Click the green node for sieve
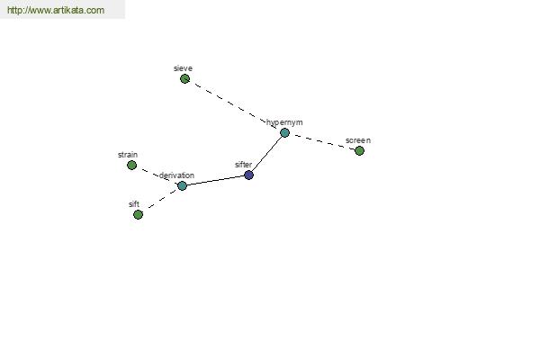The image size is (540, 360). pos(184,79)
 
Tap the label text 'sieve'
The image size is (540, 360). pos(183,68)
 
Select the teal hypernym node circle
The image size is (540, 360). pos(284,132)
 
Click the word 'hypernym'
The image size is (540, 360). pos(284,122)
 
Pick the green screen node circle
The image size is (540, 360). pos(359,150)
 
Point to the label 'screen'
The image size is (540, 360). pos(358,140)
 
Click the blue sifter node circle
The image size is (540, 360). pos(248,175)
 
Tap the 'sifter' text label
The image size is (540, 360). pos(244,165)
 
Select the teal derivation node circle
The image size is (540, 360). pos(182,185)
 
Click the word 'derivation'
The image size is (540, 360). pos(176,175)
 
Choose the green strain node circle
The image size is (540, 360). pos(131,165)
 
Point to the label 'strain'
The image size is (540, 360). pos(128,155)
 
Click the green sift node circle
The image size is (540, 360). pos(138,214)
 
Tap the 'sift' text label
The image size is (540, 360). pos(134,204)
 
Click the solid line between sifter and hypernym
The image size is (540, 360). pos(266,154)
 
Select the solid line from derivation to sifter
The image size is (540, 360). pos(215,181)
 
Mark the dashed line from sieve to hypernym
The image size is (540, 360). pos(235,106)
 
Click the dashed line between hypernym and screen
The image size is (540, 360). pos(321,141)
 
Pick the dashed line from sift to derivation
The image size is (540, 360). pos(160,200)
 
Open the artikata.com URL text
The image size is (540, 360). pos(56,10)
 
